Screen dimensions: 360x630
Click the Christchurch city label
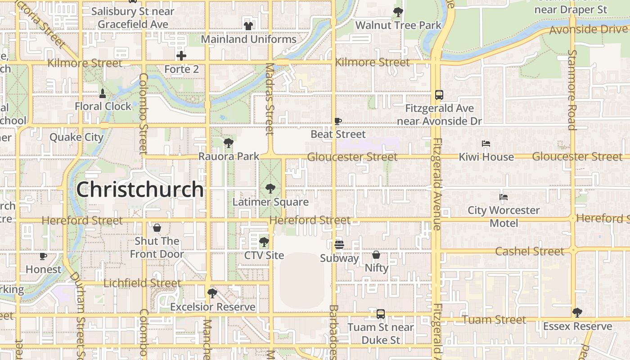pos(140,189)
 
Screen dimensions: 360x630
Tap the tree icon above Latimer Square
pos(270,188)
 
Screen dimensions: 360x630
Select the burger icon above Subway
pos(339,245)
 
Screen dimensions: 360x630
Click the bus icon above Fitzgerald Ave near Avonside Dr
pos(439,95)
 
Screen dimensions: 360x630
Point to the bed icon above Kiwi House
pos(486,144)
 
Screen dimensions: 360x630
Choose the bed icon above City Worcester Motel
pos(504,197)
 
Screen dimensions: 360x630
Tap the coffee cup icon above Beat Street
pos(338,121)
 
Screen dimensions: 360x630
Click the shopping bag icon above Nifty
pos(376,255)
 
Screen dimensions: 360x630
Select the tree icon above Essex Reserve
pos(577,312)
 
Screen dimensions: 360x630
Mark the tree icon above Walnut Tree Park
pos(398,12)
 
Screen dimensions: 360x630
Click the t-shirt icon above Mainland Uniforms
pos(248,26)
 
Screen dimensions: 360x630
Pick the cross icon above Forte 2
pos(181,56)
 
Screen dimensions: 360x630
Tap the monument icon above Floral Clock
pos(103,94)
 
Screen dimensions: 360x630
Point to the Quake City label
pos(76,137)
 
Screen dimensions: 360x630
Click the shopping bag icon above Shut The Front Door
pos(157,228)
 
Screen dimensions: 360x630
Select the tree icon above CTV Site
pos(264,242)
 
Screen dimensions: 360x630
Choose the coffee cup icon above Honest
pos(43,256)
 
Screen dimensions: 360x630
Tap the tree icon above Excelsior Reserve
pos(212,293)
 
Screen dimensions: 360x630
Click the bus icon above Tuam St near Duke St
pos(381,314)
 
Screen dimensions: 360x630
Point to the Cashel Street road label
pos(530,251)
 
